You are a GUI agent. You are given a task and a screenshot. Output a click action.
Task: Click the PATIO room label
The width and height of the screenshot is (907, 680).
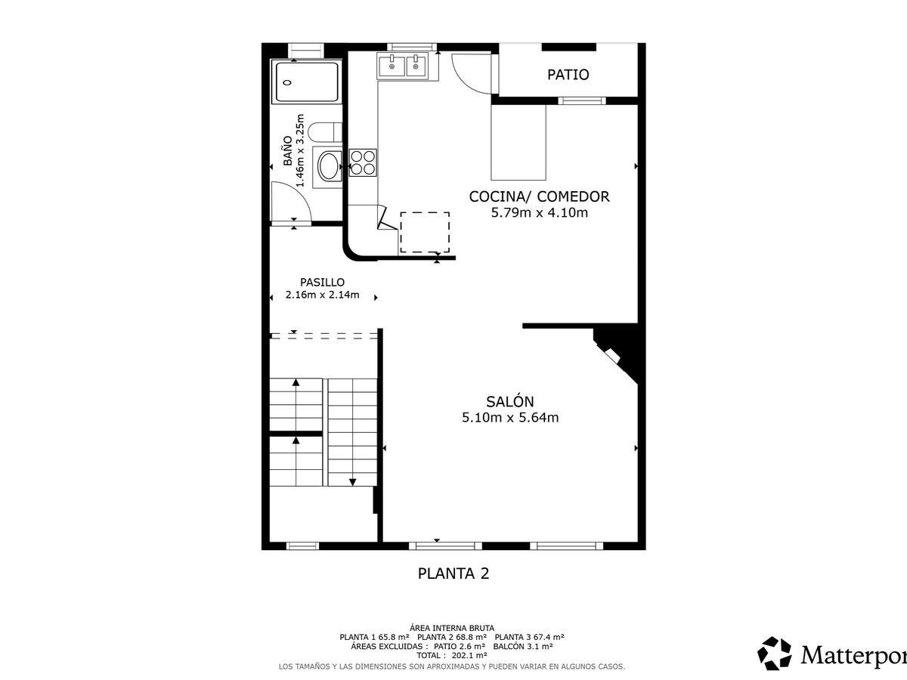568,75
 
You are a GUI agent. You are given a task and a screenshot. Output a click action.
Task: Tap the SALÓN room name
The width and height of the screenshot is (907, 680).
510,401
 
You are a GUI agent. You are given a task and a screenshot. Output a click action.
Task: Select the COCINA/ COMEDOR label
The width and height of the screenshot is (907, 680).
539,196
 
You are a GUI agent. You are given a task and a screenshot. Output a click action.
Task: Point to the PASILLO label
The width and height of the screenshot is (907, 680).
322,283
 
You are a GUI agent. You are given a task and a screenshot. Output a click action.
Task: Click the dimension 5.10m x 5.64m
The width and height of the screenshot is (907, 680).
510,417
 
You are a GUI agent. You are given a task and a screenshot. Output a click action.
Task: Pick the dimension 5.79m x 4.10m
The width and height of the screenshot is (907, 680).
539,212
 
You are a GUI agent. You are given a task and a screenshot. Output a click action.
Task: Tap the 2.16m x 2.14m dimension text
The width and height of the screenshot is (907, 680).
322,295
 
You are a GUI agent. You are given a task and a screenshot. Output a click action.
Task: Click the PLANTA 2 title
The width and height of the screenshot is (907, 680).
453,573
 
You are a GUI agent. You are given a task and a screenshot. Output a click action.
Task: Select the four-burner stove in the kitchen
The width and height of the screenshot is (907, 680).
363,162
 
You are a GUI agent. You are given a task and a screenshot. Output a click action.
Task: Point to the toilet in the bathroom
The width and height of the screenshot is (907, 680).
325,132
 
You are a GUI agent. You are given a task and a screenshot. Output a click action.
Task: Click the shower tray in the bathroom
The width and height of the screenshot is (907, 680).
307,82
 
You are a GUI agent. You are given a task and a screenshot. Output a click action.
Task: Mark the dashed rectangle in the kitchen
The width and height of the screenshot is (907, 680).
425,232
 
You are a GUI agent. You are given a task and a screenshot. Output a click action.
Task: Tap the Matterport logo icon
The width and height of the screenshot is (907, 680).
775,654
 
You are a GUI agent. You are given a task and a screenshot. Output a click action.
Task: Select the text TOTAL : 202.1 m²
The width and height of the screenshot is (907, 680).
452,655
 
